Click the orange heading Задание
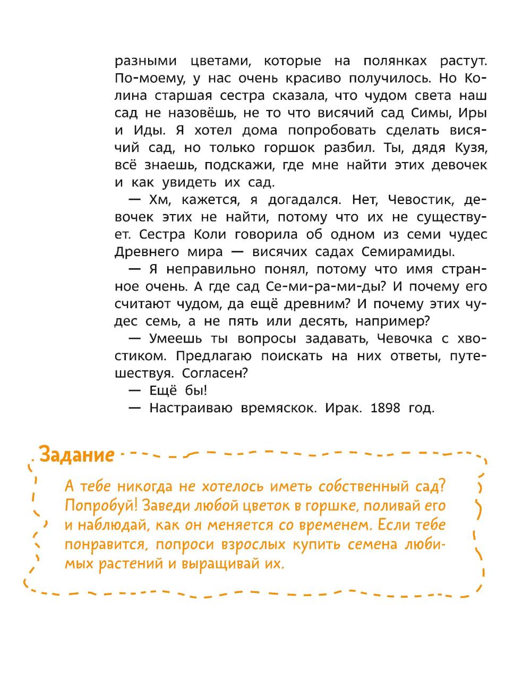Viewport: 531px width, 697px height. coord(77,455)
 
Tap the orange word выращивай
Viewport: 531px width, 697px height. coord(227,564)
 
